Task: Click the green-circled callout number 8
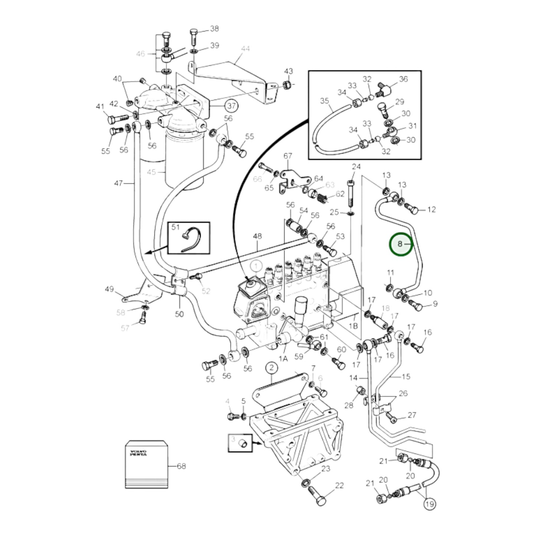401,244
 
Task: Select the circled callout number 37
231,106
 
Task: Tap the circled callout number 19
430,504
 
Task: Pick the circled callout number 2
272,368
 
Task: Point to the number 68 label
181,466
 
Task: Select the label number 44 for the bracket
245,49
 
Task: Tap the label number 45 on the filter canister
151,172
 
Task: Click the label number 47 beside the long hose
118,183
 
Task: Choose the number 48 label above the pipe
257,236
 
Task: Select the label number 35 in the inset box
324,101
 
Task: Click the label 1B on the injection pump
354,326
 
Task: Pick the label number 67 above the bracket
288,156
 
